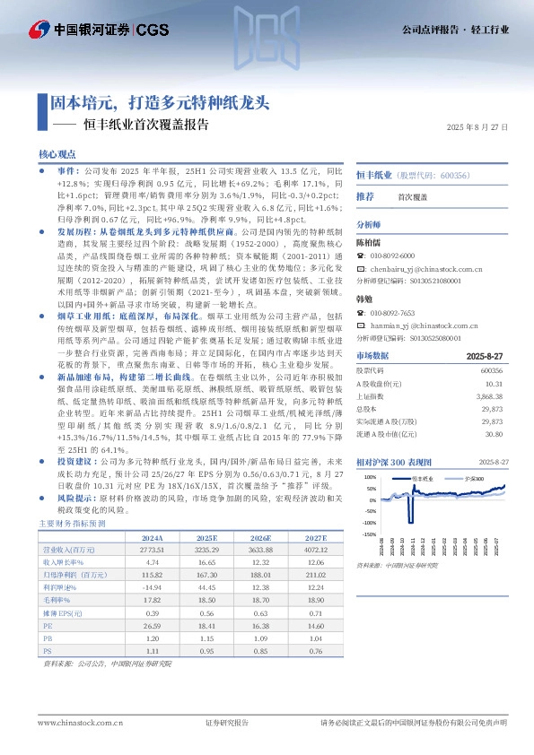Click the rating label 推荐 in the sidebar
tap(365, 195)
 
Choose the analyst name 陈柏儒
tap(369, 242)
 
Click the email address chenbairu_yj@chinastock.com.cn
tap(428, 268)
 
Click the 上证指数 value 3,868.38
tap(489, 395)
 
